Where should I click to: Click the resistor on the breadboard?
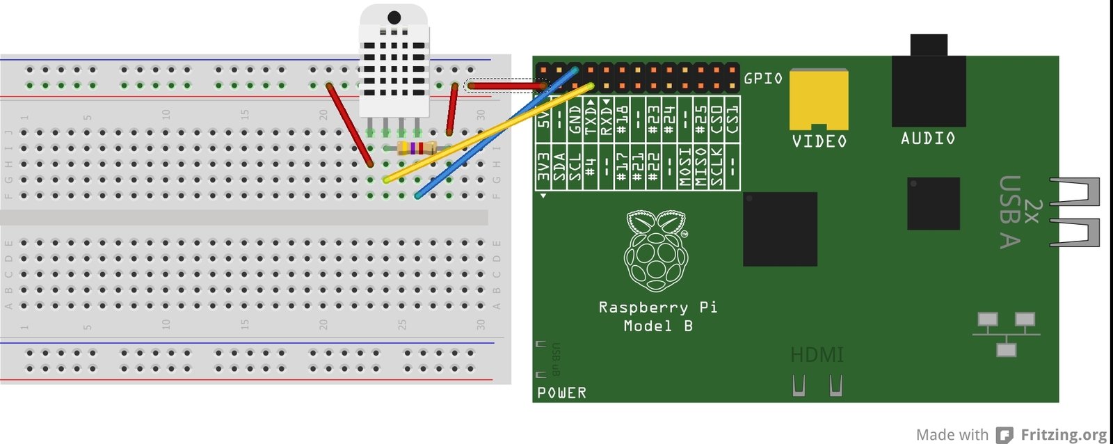tap(416, 148)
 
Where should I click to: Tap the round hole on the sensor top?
tap(394, 17)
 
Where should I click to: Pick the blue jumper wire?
tap(495, 132)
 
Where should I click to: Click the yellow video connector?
tap(819, 99)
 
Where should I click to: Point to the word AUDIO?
tap(928, 138)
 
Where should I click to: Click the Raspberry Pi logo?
tap(655, 251)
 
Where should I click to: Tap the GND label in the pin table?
tap(575, 119)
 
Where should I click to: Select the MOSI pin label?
tap(685, 168)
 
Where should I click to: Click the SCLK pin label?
tap(716, 168)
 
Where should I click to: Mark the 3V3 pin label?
tap(544, 168)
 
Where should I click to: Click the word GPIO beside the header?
tap(763, 78)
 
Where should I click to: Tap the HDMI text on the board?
tap(817, 355)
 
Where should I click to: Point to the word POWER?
tap(561, 393)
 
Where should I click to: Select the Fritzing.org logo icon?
tap(1004, 435)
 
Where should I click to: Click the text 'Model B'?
tap(658, 326)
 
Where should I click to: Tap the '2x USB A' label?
tap(1019, 212)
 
